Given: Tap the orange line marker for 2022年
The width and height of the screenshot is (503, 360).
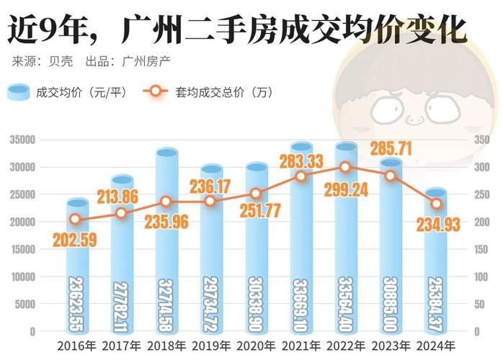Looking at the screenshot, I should [x=345, y=167].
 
